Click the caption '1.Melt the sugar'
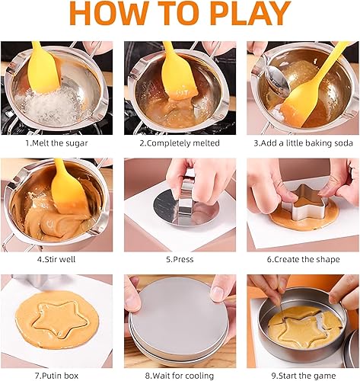pyautogui.click(x=56, y=143)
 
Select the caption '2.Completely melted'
pyautogui.click(x=180, y=143)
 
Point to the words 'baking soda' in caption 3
pyautogui.click(x=329, y=143)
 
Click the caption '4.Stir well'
pyautogui.click(x=56, y=259)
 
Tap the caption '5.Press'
pyautogui.click(x=180, y=259)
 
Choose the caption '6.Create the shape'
pyautogui.click(x=303, y=259)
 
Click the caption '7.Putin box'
pyautogui.click(x=56, y=376)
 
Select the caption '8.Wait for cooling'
pyautogui.click(x=180, y=376)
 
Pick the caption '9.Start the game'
pyautogui.click(x=304, y=376)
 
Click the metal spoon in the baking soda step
pyautogui.click(x=276, y=76)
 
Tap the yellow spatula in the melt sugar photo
pyautogui.click(x=43, y=69)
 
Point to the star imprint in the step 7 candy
pyautogui.click(x=59, y=319)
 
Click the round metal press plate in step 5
pyautogui.click(x=186, y=207)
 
